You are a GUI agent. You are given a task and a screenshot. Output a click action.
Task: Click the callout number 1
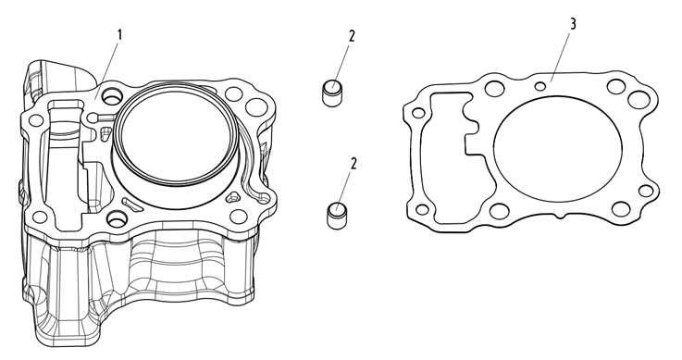(120, 35)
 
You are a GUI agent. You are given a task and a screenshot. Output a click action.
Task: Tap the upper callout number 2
(352, 36)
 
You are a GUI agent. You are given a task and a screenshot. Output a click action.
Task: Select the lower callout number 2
(353, 164)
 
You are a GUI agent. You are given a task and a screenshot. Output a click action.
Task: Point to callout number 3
(573, 24)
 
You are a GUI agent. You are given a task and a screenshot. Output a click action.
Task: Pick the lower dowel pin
(335, 215)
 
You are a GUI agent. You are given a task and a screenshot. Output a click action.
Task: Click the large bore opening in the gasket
(558, 149)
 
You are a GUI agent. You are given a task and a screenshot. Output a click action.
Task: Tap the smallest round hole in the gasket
(540, 86)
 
